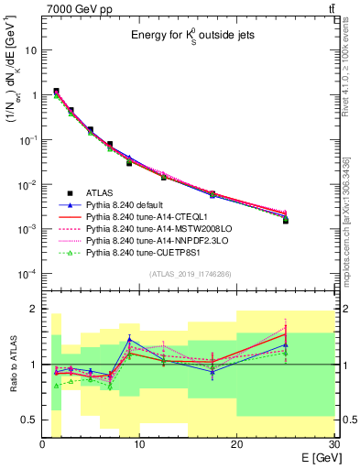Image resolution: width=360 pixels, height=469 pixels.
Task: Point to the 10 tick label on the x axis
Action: (139, 444)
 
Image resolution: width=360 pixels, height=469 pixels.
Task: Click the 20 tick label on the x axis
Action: (236, 444)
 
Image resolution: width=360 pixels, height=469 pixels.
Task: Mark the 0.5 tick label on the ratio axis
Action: (28, 420)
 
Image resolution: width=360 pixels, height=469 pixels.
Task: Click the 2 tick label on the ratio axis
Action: (34, 309)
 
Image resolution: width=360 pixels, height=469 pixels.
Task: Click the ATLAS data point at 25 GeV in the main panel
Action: (286, 221)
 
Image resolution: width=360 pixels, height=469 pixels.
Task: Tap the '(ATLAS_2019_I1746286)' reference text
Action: (190, 274)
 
